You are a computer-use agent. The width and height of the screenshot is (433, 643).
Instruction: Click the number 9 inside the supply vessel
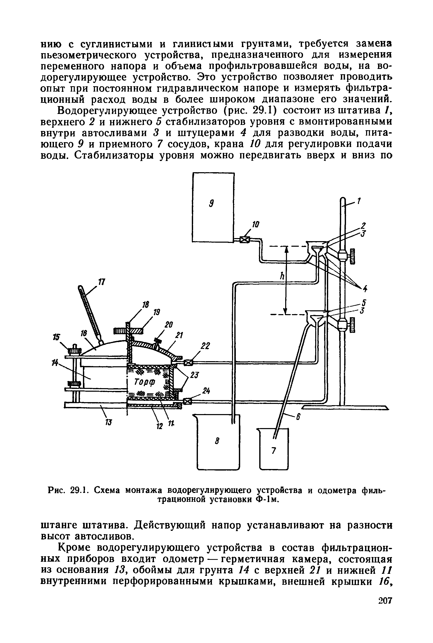pos(211,204)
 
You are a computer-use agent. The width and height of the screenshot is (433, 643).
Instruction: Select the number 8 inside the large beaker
pos(217,441)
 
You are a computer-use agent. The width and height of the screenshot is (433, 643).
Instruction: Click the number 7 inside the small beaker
pos(273,450)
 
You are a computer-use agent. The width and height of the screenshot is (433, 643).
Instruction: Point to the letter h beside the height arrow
pos(282,276)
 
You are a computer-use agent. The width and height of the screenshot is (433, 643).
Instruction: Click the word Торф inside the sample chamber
pos(145,382)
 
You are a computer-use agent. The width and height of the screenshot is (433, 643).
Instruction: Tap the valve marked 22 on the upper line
pos(189,362)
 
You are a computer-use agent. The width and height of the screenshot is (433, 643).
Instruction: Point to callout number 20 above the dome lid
pos(168,325)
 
